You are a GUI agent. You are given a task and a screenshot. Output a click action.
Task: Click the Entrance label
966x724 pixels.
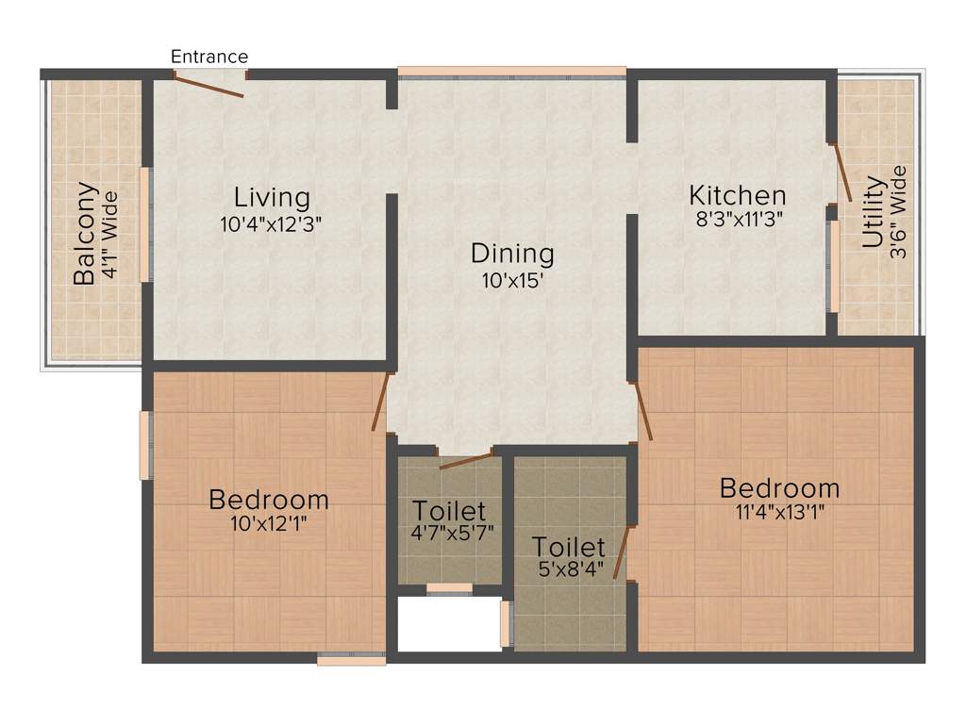click(209, 57)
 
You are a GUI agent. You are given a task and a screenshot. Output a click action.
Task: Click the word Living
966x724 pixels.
click(272, 198)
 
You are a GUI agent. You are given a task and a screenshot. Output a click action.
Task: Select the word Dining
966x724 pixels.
click(512, 254)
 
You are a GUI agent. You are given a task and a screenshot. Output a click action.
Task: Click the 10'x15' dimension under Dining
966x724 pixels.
click(512, 281)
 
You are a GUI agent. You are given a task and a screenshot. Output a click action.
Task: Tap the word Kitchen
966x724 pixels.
click(738, 195)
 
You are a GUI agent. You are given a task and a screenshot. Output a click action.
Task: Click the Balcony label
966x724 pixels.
click(85, 233)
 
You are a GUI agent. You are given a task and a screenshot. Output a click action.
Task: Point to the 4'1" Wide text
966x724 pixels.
click(110, 235)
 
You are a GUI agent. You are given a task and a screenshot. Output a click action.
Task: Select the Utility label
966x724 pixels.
click(874, 212)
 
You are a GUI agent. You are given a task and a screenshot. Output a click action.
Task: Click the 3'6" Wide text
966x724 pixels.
click(898, 213)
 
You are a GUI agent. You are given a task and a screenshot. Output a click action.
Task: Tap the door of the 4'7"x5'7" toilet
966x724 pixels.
click(467, 460)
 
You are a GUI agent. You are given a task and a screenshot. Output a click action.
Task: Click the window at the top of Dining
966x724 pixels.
click(511, 71)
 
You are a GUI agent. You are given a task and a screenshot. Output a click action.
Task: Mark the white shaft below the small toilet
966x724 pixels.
click(448, 623)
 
